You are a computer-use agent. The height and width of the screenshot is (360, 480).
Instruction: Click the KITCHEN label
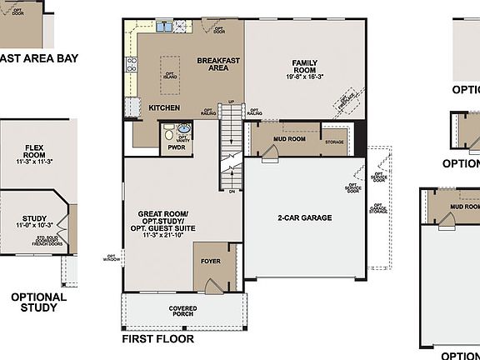click(x=164, y=107)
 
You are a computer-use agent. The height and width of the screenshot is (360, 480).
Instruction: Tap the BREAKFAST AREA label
click(x=219, y=64)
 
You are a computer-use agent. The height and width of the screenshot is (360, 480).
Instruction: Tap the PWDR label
click(x=175, y=146)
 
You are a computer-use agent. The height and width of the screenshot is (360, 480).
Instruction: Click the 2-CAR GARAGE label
click(x=305, y=218)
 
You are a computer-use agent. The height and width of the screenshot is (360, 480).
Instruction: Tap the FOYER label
click(x=211, y=261)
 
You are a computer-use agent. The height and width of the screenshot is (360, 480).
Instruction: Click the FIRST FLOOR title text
click(x=158, y=340)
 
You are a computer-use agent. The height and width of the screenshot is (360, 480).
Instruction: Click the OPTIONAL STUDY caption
click(x=38, y=302)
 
